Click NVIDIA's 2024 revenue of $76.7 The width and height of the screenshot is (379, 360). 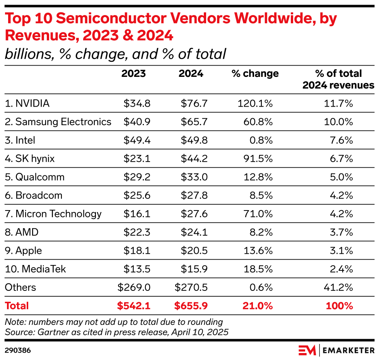tap(194, 104)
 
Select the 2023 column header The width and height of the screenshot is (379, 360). tap(133, 74)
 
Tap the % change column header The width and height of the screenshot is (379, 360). tap(255, 74)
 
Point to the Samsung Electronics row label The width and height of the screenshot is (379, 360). tap(58, 122)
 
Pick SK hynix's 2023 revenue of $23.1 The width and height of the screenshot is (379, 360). tap(137, 159)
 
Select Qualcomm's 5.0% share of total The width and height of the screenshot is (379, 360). tap(341, 177)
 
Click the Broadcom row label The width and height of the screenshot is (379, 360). tap(34, 195)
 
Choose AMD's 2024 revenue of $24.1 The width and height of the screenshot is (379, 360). tap(194, 232)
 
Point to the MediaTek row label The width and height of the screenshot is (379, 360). tap(36, 269)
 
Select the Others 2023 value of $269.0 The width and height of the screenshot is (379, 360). tap(134, 287)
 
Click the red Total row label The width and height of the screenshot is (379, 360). tap(17, 306)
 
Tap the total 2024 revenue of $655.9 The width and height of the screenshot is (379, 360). tap(191, 306)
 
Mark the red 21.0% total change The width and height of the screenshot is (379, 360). tap(258, 306)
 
